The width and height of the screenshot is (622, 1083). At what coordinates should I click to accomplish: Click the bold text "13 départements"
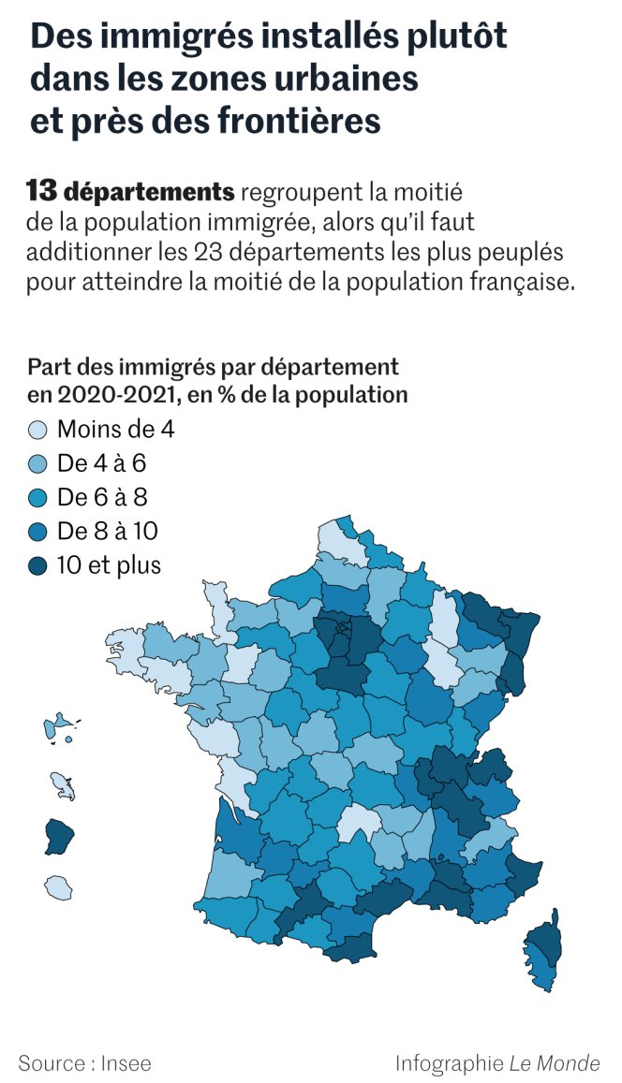point(130,193)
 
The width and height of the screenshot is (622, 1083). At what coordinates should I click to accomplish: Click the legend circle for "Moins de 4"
point(39,431)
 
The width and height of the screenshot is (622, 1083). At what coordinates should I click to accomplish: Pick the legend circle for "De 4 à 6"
point(39,464)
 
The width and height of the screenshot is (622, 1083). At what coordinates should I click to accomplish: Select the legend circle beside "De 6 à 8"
point(39,498)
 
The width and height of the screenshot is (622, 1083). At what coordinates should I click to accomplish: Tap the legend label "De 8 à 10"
point(107,532)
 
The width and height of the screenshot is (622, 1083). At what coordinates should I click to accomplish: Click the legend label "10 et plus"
point(109,565)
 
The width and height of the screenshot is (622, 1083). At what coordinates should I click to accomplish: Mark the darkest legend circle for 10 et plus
point(39,565)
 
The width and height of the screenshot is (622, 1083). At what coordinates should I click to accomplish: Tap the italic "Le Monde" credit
point(555,1063)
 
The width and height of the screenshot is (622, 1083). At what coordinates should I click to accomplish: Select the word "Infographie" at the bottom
point(449,1063)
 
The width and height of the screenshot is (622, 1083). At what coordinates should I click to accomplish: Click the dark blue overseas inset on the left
point(58,836)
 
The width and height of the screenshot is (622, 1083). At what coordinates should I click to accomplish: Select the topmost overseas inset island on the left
point(58,727)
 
